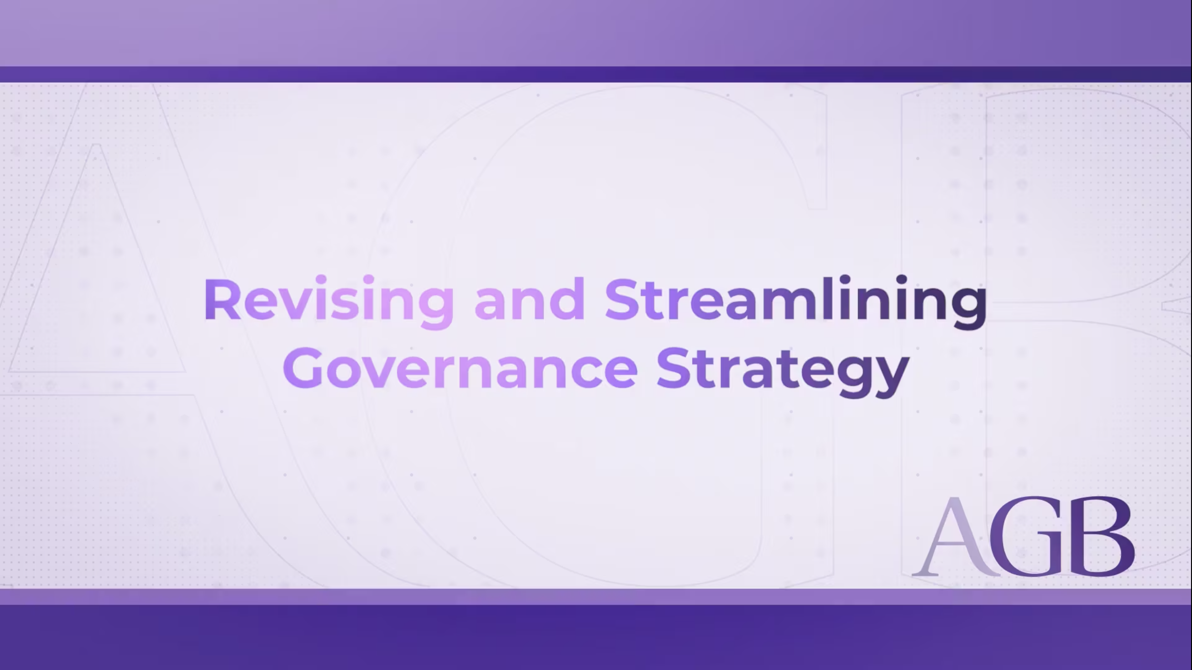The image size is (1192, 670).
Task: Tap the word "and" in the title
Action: point(530,300)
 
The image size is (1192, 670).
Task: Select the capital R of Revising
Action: point(222,300)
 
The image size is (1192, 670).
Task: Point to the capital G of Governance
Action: point(303,368)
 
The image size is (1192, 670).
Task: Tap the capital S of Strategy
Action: point(674,368)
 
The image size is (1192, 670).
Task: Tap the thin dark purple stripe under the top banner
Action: point(596,74)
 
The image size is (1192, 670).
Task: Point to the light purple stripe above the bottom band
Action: point(596,597)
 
